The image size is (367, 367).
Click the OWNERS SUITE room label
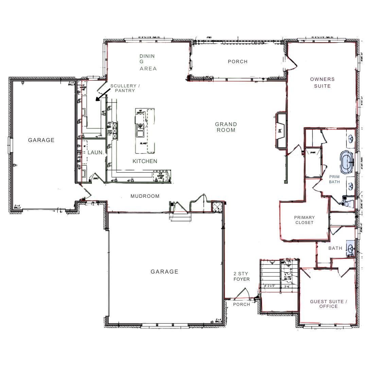(x=322, y=83)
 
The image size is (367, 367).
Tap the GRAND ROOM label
(x=226, y=127)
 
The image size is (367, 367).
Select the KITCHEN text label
(x=145, y=161)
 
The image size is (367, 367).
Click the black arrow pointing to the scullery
(x=103, y=95)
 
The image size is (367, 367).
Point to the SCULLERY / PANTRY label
(x=125, y=88)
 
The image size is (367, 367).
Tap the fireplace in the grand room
(x=281, y=130)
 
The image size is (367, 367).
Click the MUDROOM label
(x=145, y=196)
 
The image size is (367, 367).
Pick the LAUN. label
(x=95, y=153)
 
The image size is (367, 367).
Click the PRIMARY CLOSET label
(x=304, y=220)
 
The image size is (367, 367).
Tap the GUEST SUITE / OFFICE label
(x=328, y=304)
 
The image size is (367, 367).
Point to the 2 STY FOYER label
(x=241, y=276)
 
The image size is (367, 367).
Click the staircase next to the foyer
(x=272, y=275)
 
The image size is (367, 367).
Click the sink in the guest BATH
(x=350, y=248)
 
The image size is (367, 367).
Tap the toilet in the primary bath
(x=347, y=203)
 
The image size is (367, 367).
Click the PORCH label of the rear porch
(x=238, y=62)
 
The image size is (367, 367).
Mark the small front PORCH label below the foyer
(x=241, y=304)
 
